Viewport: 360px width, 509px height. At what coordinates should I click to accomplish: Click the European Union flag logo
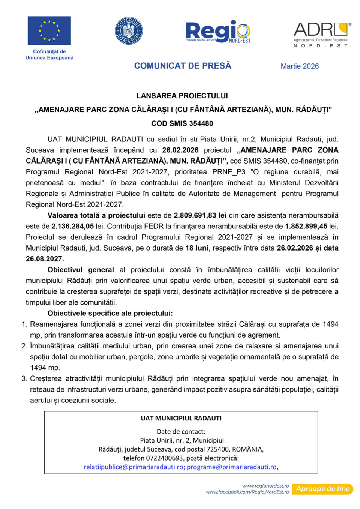point(49,31)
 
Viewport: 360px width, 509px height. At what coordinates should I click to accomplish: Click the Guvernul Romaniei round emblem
point(129,31)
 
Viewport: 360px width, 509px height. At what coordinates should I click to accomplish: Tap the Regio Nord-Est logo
point(218,32)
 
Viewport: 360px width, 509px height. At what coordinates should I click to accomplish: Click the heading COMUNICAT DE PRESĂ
point(183,66)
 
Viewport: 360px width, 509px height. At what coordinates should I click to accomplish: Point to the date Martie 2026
point(300,66)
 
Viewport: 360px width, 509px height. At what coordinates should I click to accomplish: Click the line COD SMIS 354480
point(182,123)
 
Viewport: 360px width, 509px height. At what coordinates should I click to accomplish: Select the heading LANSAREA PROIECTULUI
point(182,96)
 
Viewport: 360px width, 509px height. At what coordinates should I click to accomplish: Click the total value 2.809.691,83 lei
point(200,216)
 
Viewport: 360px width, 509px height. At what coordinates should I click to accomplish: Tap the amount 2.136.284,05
point(72,227)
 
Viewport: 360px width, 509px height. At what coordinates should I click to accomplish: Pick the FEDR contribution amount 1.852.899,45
point(306,227)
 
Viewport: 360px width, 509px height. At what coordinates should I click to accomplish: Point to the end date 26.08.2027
point(45,259)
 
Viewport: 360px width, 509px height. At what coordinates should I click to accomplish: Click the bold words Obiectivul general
point(81,270)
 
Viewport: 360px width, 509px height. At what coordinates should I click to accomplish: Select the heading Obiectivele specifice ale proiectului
point(110,314)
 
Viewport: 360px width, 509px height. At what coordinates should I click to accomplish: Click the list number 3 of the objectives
point(24,379)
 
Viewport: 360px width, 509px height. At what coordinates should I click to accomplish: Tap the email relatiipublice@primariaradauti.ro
point(133,467)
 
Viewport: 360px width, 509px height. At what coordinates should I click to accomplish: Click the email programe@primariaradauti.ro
point(231,467)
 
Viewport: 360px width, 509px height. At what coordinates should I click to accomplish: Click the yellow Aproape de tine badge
point(322,489)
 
